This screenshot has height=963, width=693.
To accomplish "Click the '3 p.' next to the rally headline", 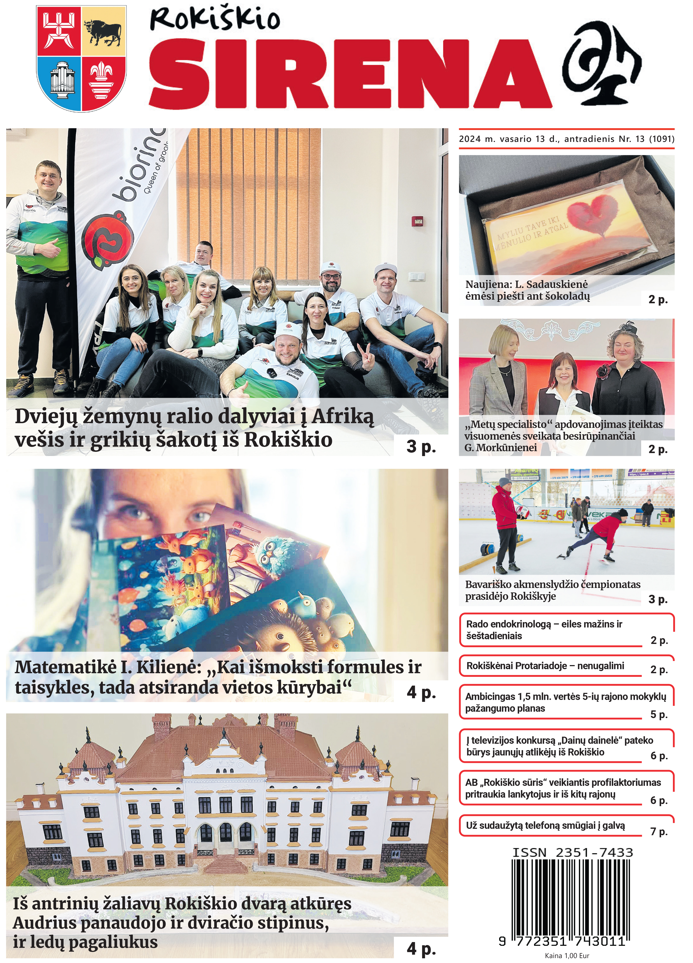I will point(421,446).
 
